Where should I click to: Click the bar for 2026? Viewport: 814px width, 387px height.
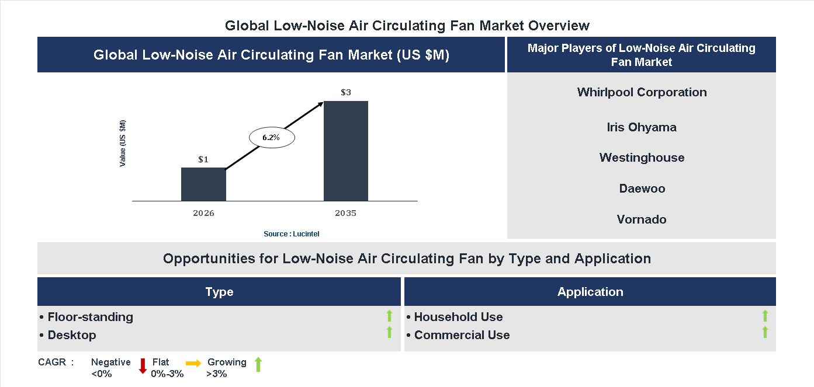click(203, 184)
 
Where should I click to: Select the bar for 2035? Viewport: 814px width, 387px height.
click(346, 151)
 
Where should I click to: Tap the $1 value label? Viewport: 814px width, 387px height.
click(203, 159)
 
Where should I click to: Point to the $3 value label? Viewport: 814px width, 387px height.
click(346, 92)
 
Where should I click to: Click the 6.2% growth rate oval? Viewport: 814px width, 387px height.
click(272, 138)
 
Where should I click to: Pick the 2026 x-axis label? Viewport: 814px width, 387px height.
click(203, 213)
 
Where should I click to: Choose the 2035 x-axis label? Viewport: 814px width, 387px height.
click(345, 213)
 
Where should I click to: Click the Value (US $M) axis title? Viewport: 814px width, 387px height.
click(123, 143)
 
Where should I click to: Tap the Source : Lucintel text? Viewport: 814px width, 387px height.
click(292, 234)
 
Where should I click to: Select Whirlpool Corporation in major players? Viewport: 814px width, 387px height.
click(642, 92)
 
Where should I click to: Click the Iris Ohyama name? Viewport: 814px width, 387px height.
click(642, 127)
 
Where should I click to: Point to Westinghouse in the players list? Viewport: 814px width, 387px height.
click(642, 158)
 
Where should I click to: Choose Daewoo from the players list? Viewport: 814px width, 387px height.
click(642, 189)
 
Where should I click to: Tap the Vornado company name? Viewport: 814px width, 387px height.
click(642, 219)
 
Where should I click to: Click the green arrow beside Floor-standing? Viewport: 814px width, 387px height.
click(389, 316)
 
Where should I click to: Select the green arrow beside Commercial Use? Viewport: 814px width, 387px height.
click(765, 333)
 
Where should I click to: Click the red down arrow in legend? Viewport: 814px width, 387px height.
click(143, 366)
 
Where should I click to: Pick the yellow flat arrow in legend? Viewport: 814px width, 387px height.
click(193, 363)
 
